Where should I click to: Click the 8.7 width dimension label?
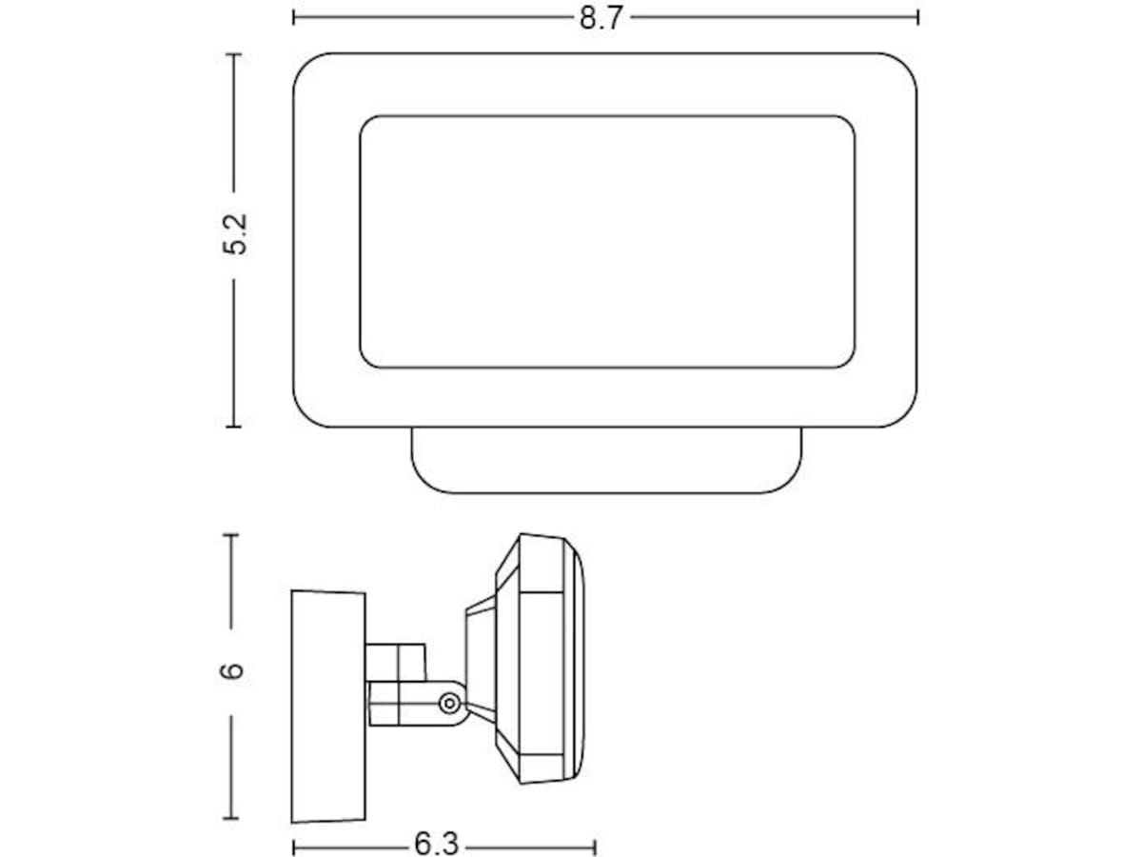coord(601,18)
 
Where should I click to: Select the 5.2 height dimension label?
coord(235,234)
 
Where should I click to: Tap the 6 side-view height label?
coord(232,670)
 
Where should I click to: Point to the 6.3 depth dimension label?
coord(436,844)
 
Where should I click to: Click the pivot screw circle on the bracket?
coord(449,704)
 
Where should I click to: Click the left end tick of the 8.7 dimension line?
coord(294,17)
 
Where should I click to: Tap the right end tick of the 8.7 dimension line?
coord(917,17)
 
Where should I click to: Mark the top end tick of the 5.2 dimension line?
coord(233,53)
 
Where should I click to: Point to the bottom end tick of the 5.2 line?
coord(233,427)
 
